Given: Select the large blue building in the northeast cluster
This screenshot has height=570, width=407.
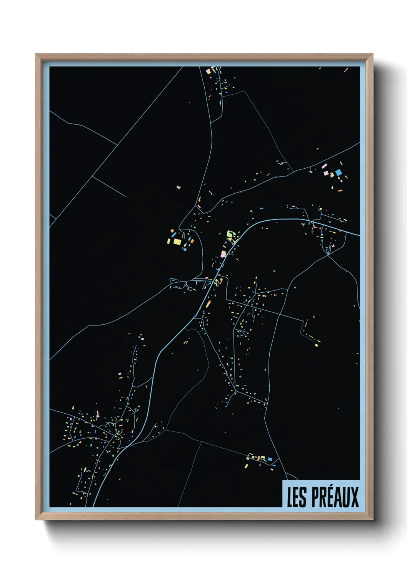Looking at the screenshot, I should [x=339, y=173].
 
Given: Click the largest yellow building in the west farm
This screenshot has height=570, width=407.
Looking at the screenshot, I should [x=177, y=241].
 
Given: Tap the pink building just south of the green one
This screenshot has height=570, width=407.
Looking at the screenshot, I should [x=223, y=254].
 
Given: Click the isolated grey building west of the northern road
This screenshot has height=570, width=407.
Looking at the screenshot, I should [x=178, y=188].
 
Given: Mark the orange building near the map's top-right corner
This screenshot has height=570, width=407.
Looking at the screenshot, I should [x=346, y=70].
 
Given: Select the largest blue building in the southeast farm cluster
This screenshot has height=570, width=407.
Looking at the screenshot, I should [x=270, y=459].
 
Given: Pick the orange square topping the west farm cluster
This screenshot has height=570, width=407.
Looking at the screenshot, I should [x=173, y=231].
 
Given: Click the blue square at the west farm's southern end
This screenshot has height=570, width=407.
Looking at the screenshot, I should [x=185, y=250].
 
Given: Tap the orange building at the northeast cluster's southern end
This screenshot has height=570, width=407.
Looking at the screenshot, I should [x=340, y=190].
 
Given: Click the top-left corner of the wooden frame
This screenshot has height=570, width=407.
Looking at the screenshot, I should [x=36, y=54].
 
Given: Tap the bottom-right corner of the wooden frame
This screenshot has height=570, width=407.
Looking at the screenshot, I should [x=372, y=519].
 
